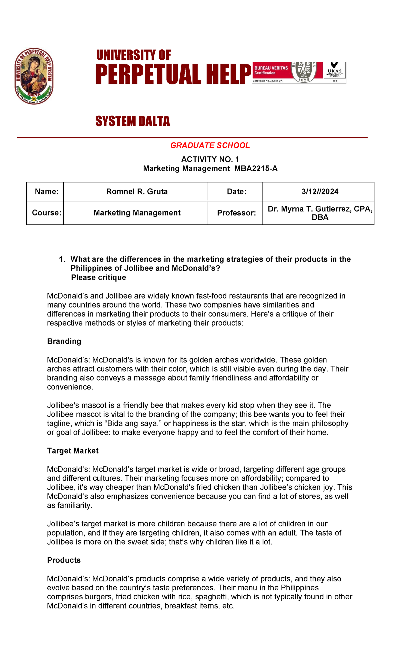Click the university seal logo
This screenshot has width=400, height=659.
pyautogui.click(x=34, y=76)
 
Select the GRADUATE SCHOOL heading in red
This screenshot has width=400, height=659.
pyautogui.click(x=210, y=145)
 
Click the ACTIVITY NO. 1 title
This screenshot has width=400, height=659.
pyautogui.click(x=210, y=159)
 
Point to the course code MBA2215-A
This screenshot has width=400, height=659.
pyautogui.click(x=256, y=168)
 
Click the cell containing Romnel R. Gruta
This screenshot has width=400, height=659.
pyautogui.click(x=137, y=191)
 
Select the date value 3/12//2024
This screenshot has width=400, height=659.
pyautogui.click(x=320, y=191)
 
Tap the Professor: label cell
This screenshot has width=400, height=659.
pyautogui.click(x=236, y=213)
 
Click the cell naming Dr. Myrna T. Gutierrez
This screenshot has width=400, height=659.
pyautogui.click(x=320, y=213)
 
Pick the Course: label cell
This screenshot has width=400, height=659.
pyautogui.click(x=46, y=213)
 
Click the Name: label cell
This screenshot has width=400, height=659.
pyautogui.click(x=46, y=191)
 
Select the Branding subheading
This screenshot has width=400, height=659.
pyautogui.click(x=64, y=341)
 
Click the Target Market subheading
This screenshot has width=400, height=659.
pyautogui.click(x=73, y=451)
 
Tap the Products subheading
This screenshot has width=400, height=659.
pyautogui.click(x=64, y=560)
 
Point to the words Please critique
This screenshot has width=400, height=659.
pyautogui.click(x=98, y=277)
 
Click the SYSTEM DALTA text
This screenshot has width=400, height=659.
pyautogui.click(x=132, y=121)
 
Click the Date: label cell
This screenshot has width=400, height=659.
pyautogui.click(x=236, y=191)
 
